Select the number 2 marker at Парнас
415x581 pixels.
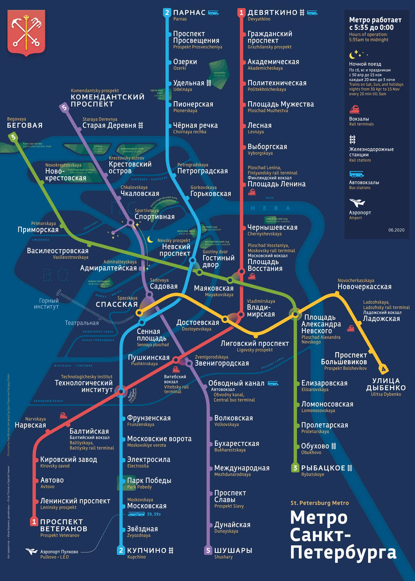coord(167,13)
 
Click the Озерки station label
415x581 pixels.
coord(185,62)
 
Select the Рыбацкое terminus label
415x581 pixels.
coord(323,468)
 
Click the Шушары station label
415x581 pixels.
coord(233,550)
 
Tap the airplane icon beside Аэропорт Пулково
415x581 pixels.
coord(31,551)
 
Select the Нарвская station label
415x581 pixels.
coord(32,425)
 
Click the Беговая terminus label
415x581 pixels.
coord(25,125)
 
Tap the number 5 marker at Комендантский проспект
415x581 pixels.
coord(64,107)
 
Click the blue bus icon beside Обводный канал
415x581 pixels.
coord(273,383)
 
